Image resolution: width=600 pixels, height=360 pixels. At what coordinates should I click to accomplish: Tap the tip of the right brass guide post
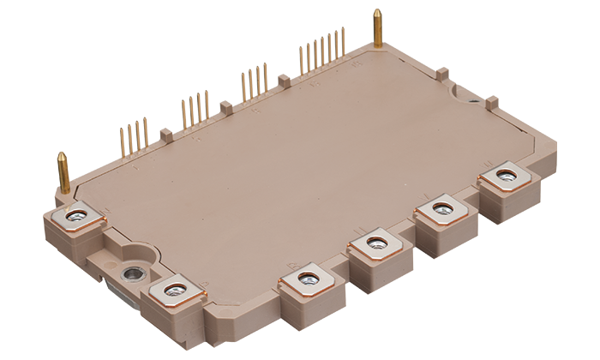[377, 13]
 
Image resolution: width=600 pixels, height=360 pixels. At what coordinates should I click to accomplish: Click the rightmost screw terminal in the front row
[503, 177]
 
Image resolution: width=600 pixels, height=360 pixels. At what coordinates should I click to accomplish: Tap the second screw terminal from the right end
[441, 208]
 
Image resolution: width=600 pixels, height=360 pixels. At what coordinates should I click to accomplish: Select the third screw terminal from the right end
[374, 244]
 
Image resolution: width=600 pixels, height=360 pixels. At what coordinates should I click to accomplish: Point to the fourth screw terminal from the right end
[307, 279]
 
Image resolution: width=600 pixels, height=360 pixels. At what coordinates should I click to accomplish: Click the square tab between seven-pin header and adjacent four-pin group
[284, 81]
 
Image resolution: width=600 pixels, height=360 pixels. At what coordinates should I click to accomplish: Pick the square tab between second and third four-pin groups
[226, 108]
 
